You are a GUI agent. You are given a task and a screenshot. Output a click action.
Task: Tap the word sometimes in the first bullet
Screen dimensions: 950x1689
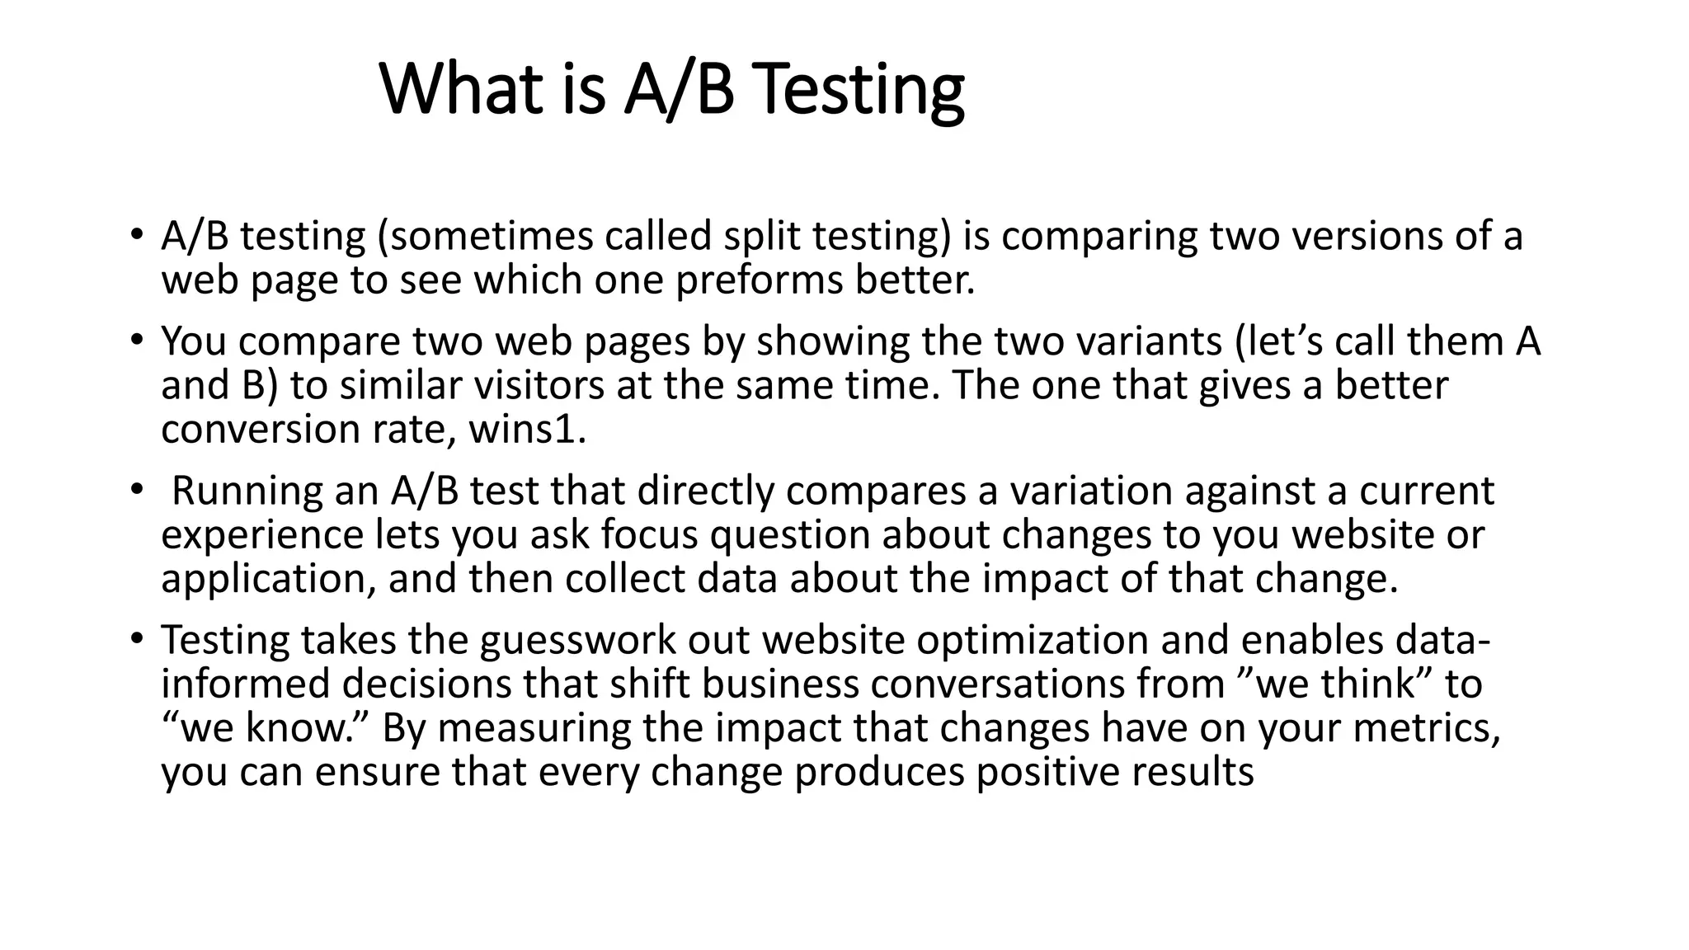[x=492, y=237]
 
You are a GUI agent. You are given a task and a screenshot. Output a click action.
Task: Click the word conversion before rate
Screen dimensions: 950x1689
[x=259, y=430]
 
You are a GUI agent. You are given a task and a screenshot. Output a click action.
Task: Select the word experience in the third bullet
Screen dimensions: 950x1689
[x=262, y=535]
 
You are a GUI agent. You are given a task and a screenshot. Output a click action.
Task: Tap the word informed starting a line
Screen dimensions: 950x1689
[x=245, y=684]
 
